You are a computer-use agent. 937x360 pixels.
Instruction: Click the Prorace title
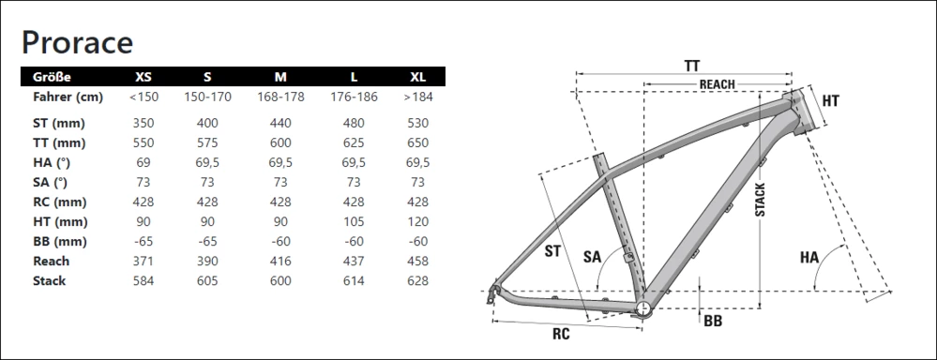[78, 41]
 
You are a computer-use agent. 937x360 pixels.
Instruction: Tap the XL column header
[417, 77]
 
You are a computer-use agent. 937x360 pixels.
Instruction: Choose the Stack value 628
[417, 280]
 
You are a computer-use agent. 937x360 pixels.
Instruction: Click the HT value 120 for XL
[417, 221]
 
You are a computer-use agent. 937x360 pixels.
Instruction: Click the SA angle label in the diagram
[593, 255]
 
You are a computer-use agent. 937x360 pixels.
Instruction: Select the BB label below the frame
[712, 321]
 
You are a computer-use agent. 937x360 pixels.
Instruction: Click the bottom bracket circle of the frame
[643, 307]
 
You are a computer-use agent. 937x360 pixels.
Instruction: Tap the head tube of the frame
[798, 112]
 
